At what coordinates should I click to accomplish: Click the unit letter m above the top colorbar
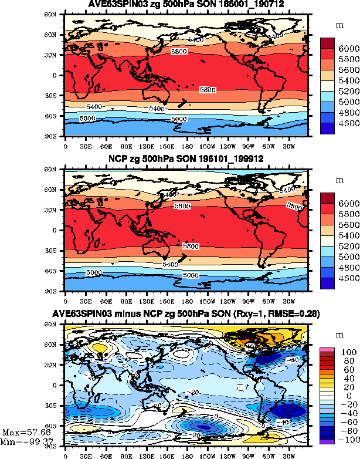coord(339,26)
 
